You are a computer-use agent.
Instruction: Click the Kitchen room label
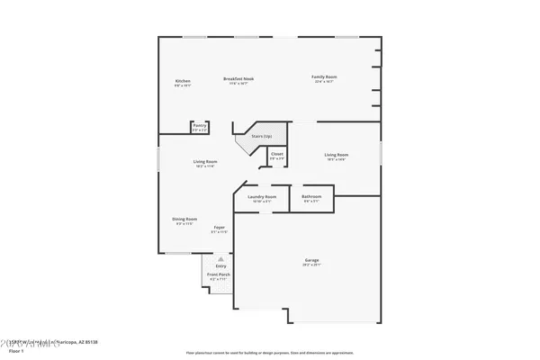pos(183,81)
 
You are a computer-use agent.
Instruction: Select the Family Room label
pos(324,79)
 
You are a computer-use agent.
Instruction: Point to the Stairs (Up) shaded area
pos(262,136)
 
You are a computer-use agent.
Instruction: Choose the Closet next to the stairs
pos(276,154)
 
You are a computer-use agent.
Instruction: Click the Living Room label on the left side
pos(205,162)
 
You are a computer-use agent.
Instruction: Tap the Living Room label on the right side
pos(337,155)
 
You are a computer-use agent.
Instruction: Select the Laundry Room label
pos(262,196)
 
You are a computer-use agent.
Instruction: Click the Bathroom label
pos(311,196)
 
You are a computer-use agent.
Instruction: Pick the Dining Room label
pos(184,219)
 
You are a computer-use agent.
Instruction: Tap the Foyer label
pos(219,227)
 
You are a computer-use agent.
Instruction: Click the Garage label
pos(311,261)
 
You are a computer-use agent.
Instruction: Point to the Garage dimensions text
pos(311,266)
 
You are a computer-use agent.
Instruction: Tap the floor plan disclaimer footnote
pos(270,353)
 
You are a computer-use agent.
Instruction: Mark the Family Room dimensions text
pos(324,84)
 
